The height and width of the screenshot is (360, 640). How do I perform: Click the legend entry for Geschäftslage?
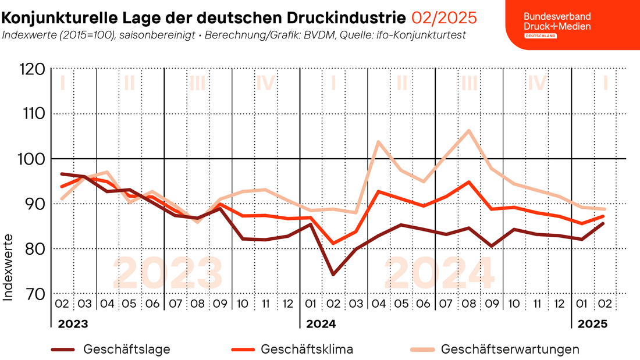(x=111, y=350)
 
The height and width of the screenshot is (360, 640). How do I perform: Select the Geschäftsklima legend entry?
(x=292, y=350)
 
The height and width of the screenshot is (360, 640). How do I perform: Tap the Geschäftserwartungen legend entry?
(x=495, y=350)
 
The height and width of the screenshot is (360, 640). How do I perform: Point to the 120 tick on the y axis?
(x=32, y=69)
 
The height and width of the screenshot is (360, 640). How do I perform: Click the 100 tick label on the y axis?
(x=31, y=159)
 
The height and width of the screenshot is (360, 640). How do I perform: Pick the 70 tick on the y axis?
(x=34, y=294)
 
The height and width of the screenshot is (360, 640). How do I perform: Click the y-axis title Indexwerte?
(x=8, y=268)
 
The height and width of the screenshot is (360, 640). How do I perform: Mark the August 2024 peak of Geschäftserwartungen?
(x=468, y=131)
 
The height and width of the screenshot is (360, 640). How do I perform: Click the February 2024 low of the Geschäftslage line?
(x=333, y=275)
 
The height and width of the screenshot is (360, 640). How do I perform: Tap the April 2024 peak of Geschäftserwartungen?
(x=378, y=142)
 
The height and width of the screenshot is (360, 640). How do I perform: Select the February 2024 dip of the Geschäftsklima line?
(x=333, y=244)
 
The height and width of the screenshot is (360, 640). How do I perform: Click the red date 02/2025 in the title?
(x=444, y=18)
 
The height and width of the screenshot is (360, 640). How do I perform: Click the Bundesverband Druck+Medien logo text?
(x=557, y=22)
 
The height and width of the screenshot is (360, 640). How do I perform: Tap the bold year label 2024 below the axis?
(x=321, y=324)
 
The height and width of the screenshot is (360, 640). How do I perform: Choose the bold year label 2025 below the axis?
(x=593, y=324)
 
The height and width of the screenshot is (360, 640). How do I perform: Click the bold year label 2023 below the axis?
(x=73, y=324)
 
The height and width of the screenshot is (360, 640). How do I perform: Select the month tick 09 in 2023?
(x=220, y=304)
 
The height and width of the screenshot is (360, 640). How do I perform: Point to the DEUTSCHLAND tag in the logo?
(x=541, y=36)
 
